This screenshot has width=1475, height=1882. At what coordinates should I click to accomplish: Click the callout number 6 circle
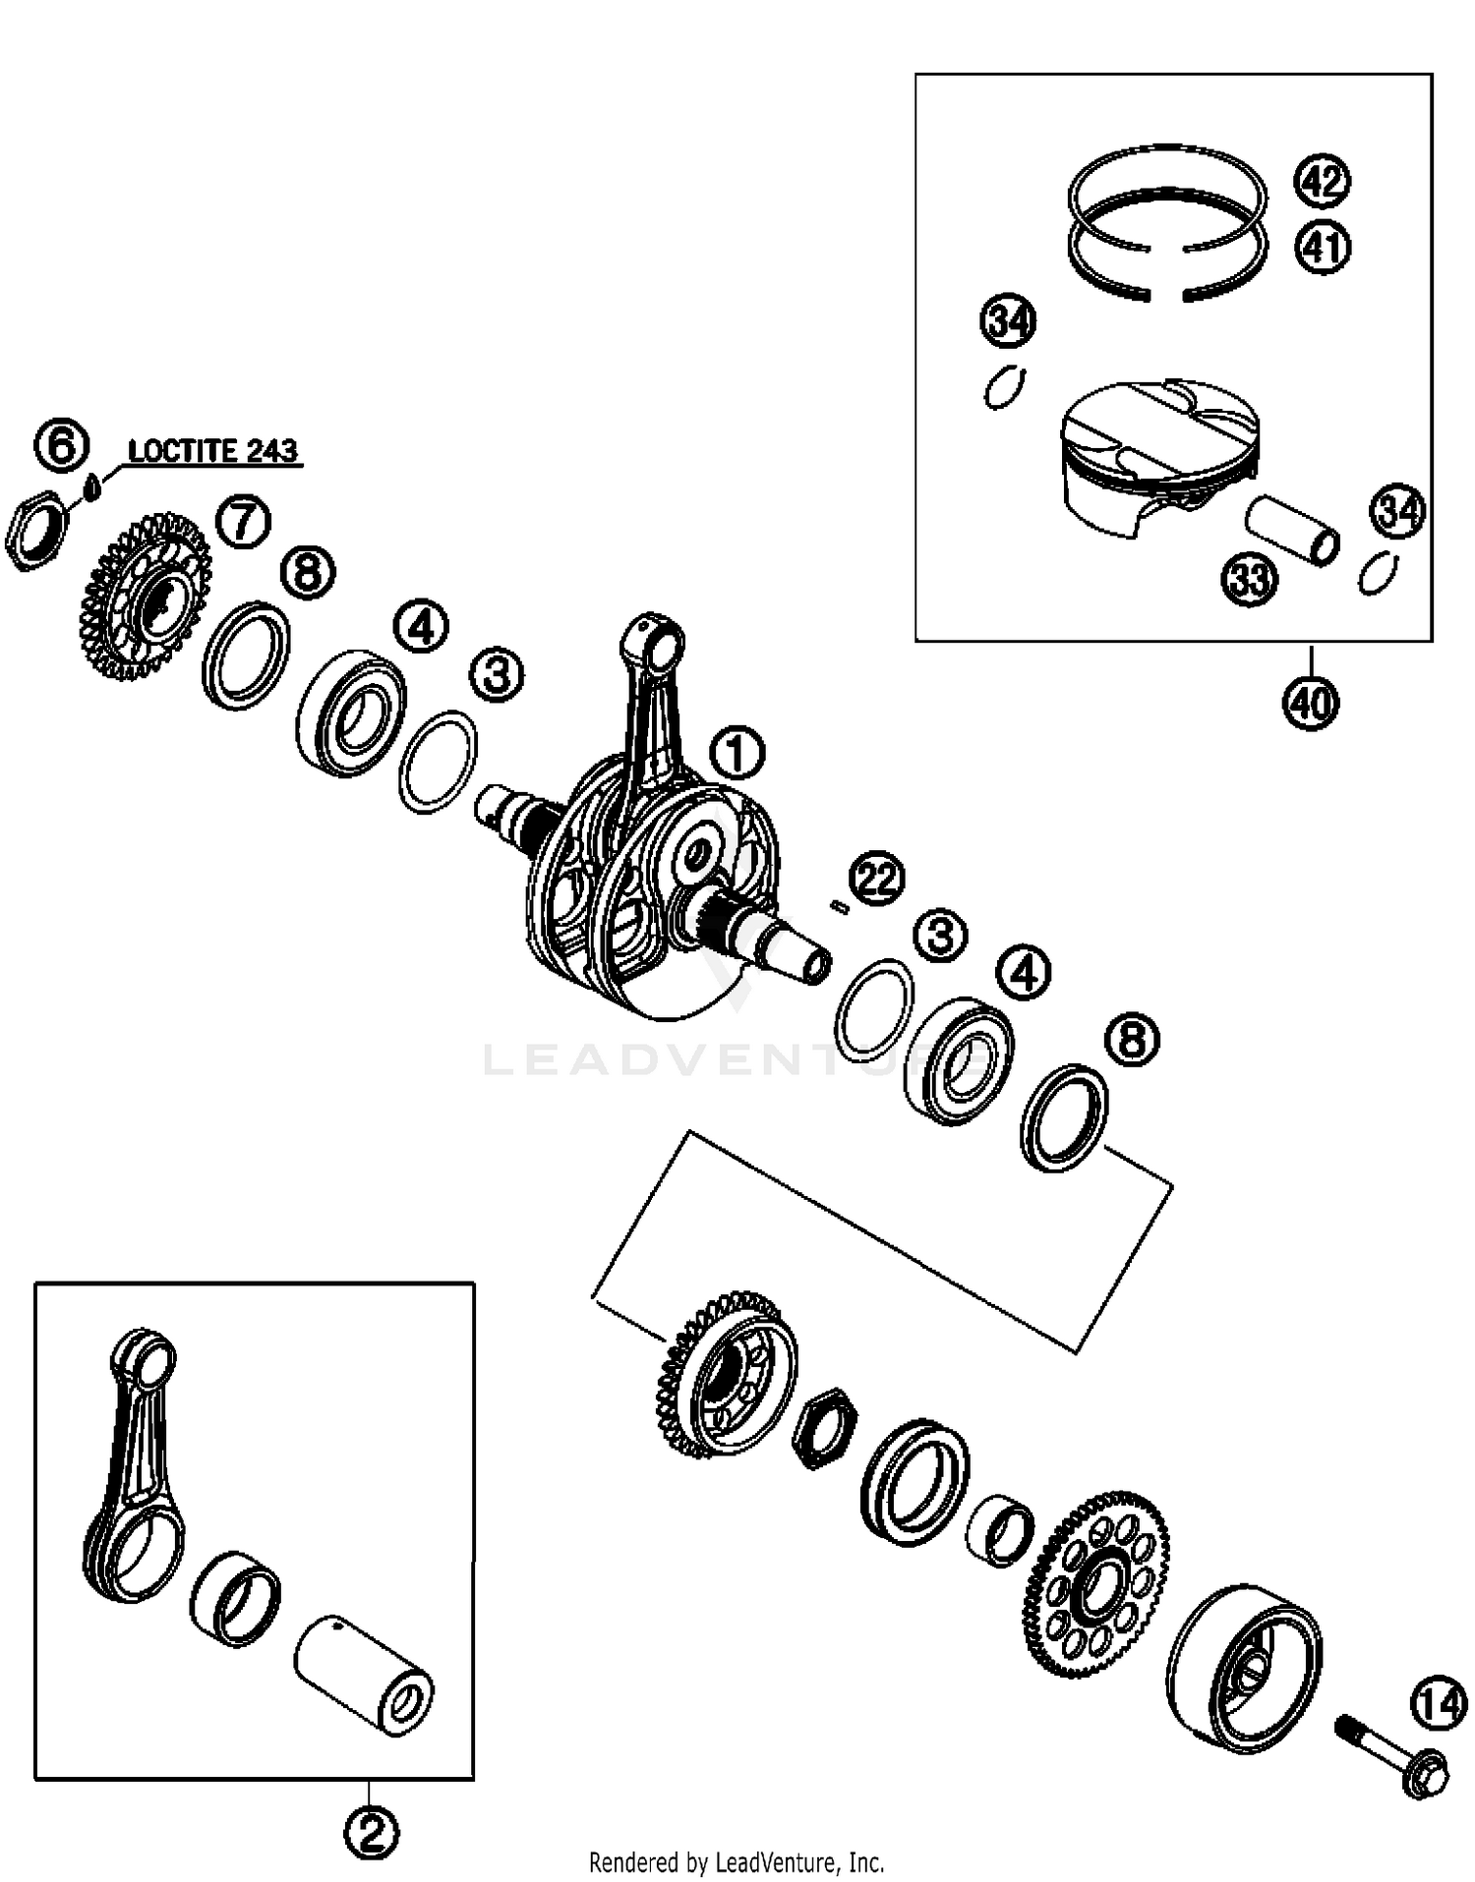[61, 447]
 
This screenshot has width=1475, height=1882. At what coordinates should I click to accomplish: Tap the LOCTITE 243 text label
[212, 451]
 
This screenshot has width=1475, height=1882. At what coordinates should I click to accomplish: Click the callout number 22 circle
[877, 878]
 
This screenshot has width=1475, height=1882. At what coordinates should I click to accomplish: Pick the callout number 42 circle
[1323, 182]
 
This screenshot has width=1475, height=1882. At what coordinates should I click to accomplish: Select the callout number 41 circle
[1323, 247]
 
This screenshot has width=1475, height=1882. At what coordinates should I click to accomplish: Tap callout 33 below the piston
[1250, 580]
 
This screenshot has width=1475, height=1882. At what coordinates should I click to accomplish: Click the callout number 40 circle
[1311, 703]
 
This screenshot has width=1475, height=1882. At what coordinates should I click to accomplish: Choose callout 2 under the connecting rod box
[371, 1831]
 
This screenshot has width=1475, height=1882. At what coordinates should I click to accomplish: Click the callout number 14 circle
[1440, 1705]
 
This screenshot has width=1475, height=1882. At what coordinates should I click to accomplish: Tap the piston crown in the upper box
[1160, 423]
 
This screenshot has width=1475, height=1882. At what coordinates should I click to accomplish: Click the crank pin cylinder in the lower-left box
[364, 1677]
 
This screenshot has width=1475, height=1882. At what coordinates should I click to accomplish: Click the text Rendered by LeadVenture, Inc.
[737, 1861]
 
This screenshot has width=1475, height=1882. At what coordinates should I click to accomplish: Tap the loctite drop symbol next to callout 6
[91, 486]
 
